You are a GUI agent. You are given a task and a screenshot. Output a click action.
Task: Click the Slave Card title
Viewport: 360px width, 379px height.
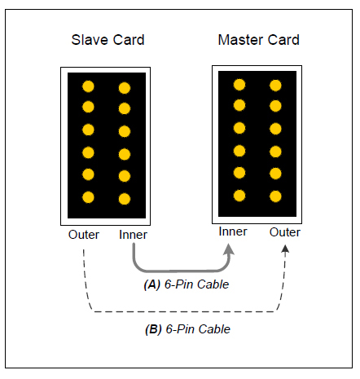(108, 40)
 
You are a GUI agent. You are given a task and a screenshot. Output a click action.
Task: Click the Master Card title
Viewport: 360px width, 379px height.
(259, 40)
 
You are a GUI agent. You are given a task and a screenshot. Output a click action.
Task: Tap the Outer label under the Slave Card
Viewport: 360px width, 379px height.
(84, 235)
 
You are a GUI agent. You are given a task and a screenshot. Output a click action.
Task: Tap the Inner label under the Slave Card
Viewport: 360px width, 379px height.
(133, 235)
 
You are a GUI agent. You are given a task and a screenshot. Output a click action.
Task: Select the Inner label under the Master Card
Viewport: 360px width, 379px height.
(233, 231)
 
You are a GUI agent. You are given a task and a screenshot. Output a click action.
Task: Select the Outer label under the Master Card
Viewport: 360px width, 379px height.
(285, 232)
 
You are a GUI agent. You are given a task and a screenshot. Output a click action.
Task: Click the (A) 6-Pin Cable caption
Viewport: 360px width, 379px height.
(187, 284)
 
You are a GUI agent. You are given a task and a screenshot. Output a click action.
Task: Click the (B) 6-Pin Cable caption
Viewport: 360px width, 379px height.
(187, 329)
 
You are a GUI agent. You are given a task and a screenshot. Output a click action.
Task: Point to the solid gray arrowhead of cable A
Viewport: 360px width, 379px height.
(229, 249)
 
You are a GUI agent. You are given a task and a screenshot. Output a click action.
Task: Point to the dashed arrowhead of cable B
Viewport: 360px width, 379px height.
(285, 249)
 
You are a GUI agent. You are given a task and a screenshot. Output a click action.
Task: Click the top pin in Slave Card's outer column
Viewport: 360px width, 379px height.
(88, 86)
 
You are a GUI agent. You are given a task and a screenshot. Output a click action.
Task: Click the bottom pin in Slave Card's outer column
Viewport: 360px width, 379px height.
(88, 197)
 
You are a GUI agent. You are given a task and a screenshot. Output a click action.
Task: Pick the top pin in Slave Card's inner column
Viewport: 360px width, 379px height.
(125, 88)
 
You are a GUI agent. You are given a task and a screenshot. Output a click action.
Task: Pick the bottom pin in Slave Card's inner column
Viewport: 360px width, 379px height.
(125, 199)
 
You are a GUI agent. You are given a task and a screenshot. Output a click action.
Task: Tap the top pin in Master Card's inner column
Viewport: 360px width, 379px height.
(239, 85)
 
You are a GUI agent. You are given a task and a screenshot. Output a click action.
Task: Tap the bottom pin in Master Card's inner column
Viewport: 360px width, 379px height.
(239, 196)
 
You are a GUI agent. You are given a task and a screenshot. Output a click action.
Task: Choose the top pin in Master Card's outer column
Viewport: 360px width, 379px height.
(275, 86)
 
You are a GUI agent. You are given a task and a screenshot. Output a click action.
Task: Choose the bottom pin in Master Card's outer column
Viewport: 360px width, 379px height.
(275, 196)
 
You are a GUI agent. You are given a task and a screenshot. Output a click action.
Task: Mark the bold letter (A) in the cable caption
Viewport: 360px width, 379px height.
(152, 284)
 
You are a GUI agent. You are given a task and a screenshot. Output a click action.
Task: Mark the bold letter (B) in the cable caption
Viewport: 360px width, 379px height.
(153, 329)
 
